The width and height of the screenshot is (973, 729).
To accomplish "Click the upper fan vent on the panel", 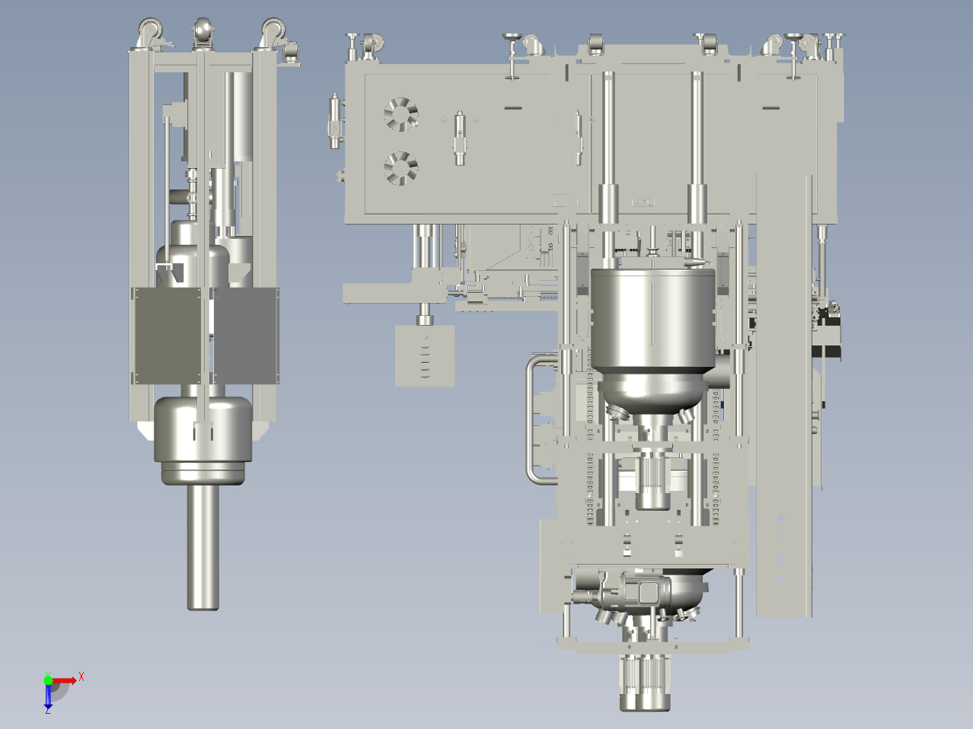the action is (400, 114).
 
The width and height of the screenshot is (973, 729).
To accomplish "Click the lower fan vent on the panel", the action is (400, 168).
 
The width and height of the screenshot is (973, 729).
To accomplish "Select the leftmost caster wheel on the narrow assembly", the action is (150, 30).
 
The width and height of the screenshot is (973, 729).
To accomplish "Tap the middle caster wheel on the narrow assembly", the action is (203, 31).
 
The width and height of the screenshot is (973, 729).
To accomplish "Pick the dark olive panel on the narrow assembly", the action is (167, 336).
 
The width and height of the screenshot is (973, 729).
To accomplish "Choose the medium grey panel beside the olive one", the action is (245, 336).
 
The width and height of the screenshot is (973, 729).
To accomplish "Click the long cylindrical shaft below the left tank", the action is (203, 547).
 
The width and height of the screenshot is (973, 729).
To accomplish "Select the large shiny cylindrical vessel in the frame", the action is (652, 336).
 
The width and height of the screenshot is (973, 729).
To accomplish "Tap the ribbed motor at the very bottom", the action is (645, 683).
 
